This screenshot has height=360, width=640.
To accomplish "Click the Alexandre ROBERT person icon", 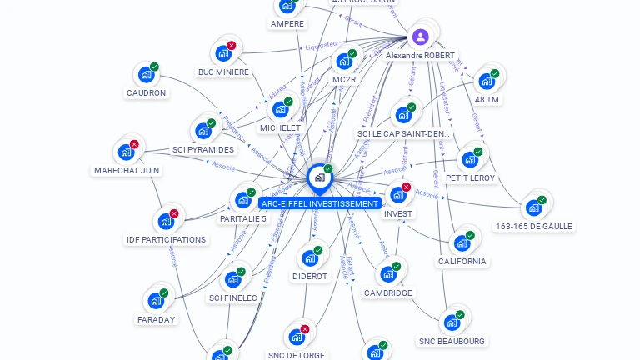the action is [x=421, y=37].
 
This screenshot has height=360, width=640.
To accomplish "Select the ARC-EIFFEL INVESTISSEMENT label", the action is [x=320, y=203].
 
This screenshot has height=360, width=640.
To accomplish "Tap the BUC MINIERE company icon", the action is [x=222, y=53].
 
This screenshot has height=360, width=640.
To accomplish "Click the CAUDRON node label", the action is [x=147, y=93].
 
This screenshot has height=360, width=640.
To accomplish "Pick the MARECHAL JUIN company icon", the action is [x=126, y=152].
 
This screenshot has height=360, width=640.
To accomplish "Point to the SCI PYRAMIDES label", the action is [x=203, y=150].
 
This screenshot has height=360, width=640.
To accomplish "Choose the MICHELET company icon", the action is [x=279, y=110].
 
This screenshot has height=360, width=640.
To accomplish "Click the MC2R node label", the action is [x=344, y=80].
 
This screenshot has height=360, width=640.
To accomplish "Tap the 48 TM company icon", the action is [x=486, y=82].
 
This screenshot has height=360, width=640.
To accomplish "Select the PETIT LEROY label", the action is [x=470, y=178].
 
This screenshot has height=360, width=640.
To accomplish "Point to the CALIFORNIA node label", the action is [x=462, y=262].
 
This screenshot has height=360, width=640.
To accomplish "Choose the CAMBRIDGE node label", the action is [x=388, y=293].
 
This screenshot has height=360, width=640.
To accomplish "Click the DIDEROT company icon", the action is [x=309, y=257].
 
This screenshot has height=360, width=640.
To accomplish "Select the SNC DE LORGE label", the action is [x=297, y=355].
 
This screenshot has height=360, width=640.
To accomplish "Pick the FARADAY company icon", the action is [x=155, y=301].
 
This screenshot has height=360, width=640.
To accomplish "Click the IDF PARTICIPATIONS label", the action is [x=166, y=240].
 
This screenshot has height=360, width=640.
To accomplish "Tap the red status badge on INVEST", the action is [x=407, y=187].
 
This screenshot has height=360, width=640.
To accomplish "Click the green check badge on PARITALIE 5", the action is [x=251, y=192].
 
